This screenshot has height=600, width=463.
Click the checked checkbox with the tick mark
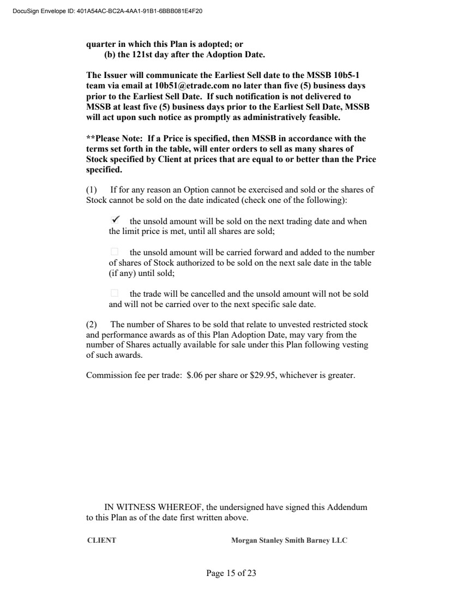115,220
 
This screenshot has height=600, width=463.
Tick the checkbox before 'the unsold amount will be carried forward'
114,252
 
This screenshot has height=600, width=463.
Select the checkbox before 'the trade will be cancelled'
114,293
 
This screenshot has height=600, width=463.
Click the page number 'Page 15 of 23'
231,573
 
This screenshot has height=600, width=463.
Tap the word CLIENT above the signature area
101,541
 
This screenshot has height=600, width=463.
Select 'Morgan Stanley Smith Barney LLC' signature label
289,541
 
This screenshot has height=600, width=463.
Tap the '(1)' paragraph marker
92,190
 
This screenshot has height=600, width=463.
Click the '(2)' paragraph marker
92,325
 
